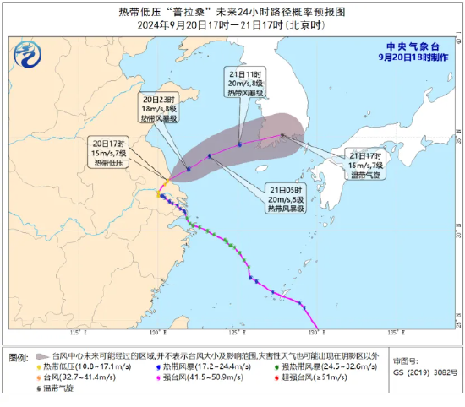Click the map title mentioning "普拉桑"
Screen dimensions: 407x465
pos(232,13)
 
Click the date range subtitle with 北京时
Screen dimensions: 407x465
pos(232,25)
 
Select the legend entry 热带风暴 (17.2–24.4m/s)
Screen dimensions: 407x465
pos(204,367)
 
